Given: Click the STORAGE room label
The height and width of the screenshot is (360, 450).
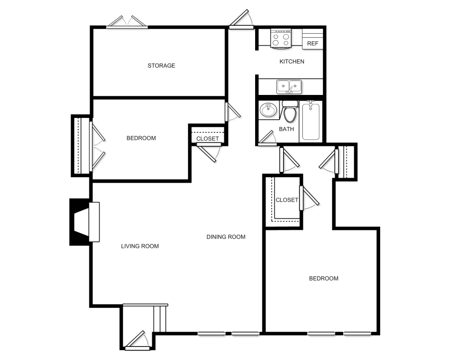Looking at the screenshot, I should coord(161,66).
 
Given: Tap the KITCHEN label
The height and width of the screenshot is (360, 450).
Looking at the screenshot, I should coord(292,62).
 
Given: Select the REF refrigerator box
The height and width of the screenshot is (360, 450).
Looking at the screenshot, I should coord(313,43).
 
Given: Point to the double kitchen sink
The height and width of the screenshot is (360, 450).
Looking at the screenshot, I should coord(289,86).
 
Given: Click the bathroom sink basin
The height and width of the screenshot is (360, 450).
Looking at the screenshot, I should coord(268,109).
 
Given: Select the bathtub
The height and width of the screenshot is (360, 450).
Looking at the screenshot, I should coord(311,121).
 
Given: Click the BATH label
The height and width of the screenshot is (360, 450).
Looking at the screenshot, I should coord(286,129).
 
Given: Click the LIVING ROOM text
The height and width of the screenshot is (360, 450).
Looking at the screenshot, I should coord(140,246).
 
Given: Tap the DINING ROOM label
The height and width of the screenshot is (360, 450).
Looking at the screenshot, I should coord(226,237).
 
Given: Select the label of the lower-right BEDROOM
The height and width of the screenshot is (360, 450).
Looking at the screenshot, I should coord(324,279).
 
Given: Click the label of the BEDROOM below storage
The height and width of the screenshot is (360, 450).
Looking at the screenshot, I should coord(141,138).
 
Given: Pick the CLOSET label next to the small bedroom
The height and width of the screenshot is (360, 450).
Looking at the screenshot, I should coord(207,139).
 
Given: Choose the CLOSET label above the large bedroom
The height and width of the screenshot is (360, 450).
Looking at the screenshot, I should coord(287,200).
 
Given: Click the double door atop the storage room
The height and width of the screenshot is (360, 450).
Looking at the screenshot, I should coord(127,22).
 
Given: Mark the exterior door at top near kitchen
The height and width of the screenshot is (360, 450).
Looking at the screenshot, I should coord(242,21).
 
